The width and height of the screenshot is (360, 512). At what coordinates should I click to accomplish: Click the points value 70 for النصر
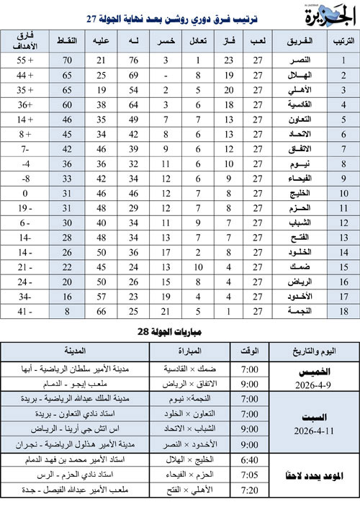69,60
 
